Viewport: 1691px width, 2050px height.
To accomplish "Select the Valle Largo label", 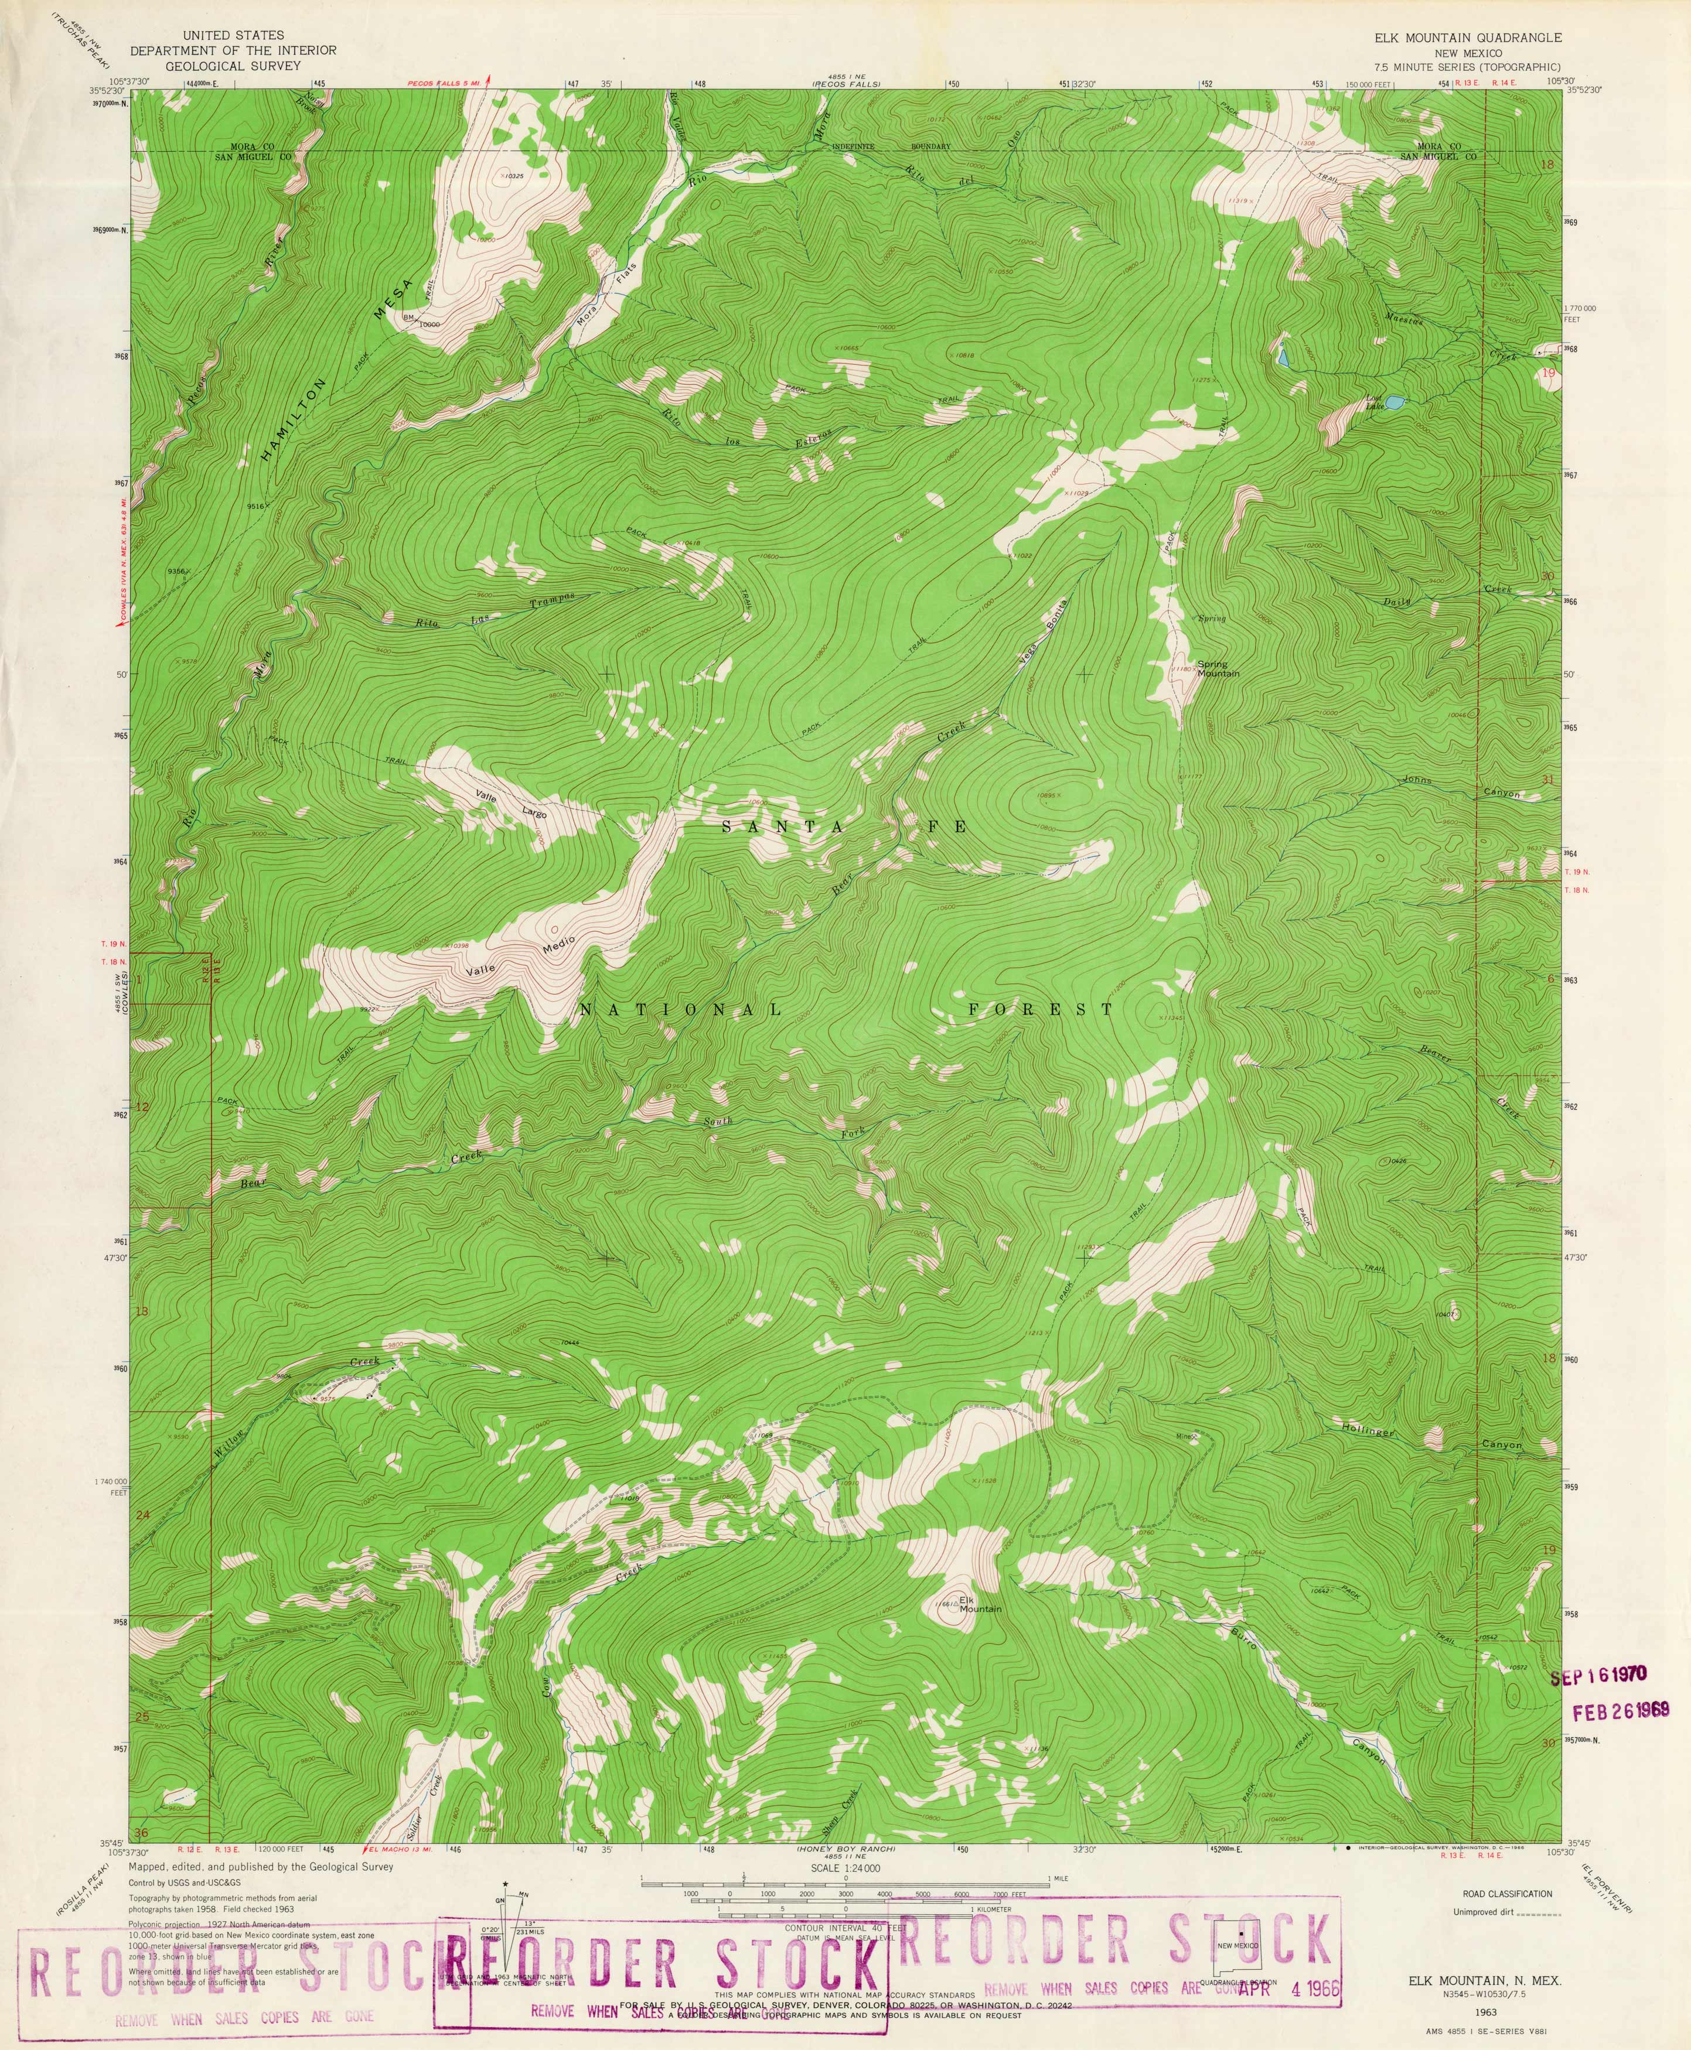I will click(x=512, y=804).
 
